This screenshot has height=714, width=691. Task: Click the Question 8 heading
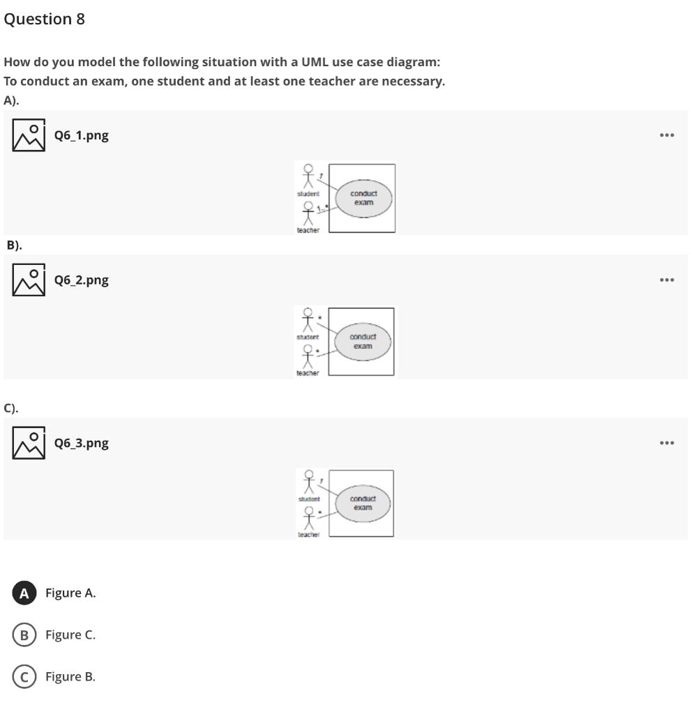(x=44, y=20)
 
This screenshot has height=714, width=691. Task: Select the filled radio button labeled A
(x=24, y=593)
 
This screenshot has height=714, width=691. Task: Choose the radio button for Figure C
(x=24, y=635)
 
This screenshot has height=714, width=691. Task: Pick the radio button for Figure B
(x=24, y=677)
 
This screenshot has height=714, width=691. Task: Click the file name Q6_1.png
(x=82, y=135)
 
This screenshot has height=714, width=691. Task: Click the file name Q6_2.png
(x=82, y=280)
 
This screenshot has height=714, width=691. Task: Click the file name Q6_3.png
(x=82, y=443)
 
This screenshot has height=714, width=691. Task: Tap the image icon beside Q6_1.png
(x=29, y=135)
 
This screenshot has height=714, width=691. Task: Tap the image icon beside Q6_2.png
(x=29, y=280)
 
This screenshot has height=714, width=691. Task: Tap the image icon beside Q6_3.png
(x=29, y=443)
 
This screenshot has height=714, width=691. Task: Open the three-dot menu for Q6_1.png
(x=667, y=135)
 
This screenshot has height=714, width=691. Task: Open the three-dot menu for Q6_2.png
(x=667, y=280)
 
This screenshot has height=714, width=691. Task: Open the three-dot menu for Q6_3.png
(x=667, y=443)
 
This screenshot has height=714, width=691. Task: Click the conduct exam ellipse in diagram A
(x=363, y=198)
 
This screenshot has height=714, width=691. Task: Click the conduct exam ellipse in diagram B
(x=362, y=342)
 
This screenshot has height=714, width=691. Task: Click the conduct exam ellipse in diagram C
(x=362, y=503)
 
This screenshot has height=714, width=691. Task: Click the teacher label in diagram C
(x=308, y=534)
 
